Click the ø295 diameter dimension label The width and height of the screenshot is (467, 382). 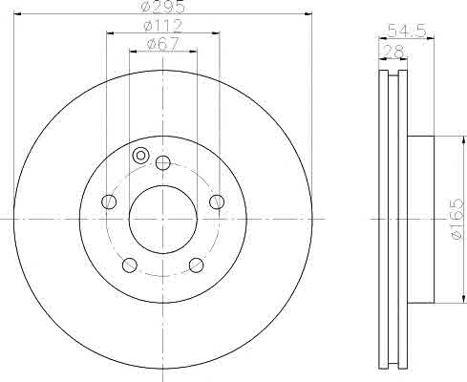[x=162, y=7]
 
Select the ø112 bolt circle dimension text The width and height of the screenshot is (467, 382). [x=163, y=26]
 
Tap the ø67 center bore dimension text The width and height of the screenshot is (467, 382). [x=162, y=44]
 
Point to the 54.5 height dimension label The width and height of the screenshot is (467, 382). [x=406, y=32]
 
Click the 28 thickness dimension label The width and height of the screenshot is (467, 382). [x=393, y=51]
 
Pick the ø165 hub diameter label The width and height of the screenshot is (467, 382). [x=457, y=220]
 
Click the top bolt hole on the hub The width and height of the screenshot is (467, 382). [x=163, y=163]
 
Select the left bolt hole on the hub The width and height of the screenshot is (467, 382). [x=109, y=202]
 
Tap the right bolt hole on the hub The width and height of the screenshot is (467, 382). [x=217, y=202]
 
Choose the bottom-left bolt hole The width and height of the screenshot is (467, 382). [x=130, y=265]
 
